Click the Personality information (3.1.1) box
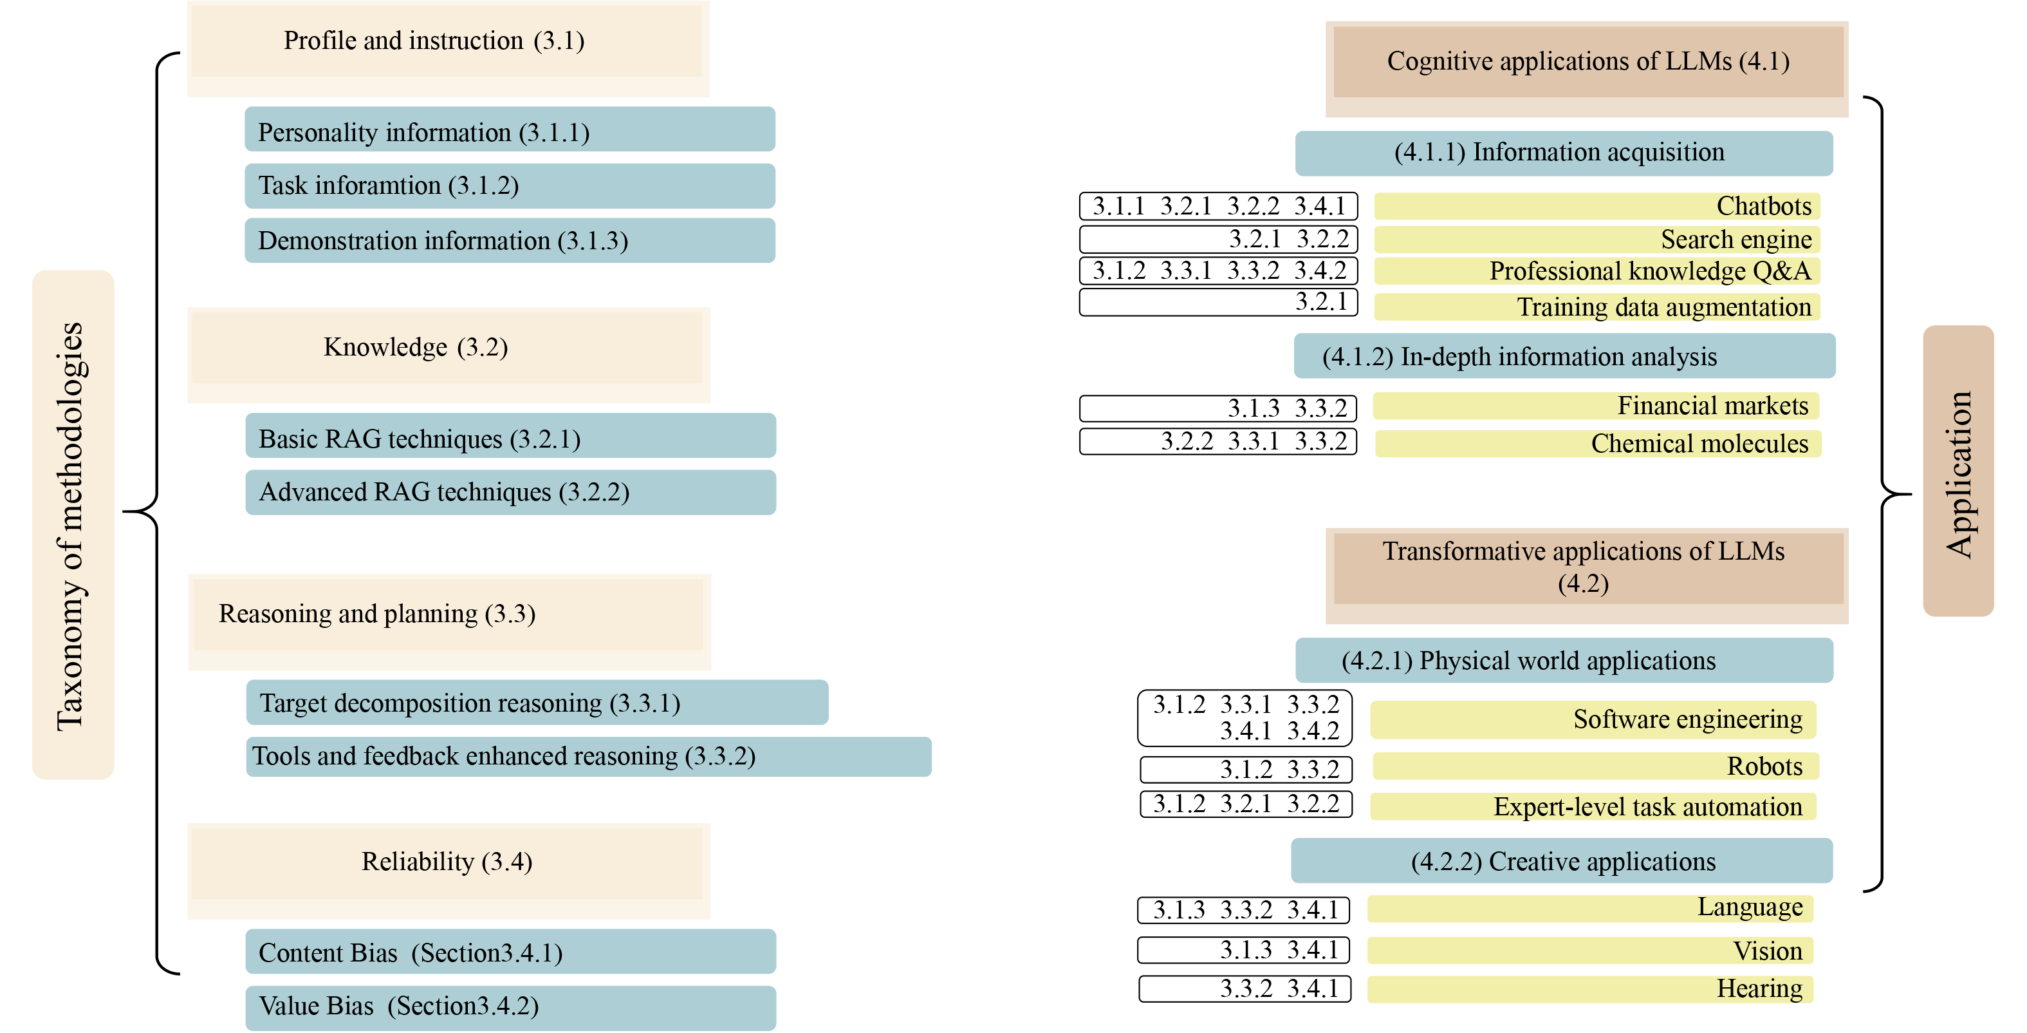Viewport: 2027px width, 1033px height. (x=509, y=130)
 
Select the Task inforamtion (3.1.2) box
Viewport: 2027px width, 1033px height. (x=509, y=186)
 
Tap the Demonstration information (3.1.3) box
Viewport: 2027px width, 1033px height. (x=509, y=240)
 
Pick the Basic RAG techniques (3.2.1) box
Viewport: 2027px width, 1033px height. (x=510, y=437)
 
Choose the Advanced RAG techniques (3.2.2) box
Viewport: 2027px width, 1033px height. (x=510, y=492)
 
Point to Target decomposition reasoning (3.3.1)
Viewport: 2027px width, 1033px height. (x=537, y=703)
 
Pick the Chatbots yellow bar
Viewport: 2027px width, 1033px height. (x=1597, y=206)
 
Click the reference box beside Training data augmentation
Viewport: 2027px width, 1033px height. (x=1218, y=302)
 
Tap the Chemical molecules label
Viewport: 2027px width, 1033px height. (x=1699, y=443)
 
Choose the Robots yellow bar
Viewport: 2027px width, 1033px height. (x=1595, y=766)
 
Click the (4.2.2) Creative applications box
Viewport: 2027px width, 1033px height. (x=1561, y=861)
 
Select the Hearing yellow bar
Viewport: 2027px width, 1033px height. (x=1589, y=989)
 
